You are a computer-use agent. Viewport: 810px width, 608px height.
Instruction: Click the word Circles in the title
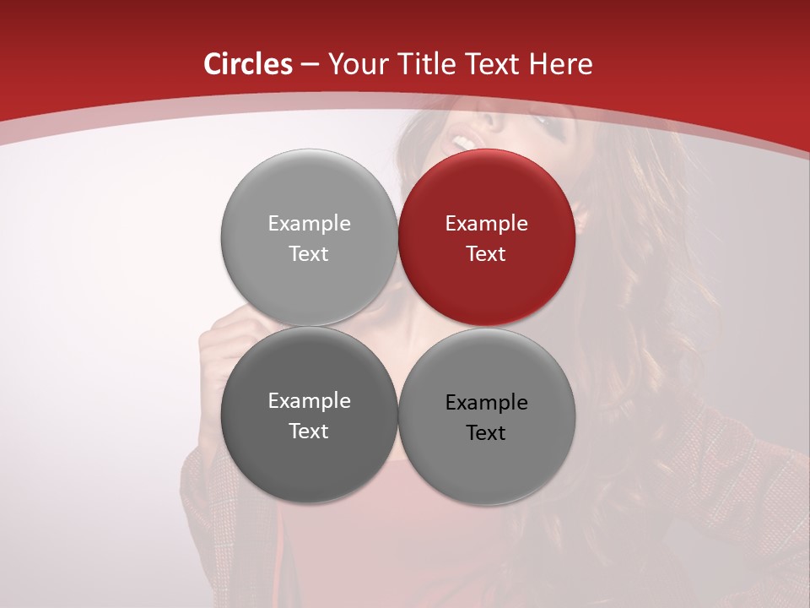click(248, 64)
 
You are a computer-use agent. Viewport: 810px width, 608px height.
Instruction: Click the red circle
click(487, 238)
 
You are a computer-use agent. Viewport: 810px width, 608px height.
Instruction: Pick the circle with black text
click(487, 416)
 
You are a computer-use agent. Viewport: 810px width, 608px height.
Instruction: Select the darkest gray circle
click(309, 415)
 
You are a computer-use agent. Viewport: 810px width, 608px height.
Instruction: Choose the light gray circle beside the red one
click(309, 238)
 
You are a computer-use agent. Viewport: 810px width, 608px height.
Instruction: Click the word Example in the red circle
click(487, 224)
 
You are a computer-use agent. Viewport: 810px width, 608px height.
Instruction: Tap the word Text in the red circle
click(487, 254)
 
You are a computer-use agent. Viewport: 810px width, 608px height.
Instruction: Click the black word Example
click(487, 403)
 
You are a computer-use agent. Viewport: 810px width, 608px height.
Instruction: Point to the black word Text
click(487, 433)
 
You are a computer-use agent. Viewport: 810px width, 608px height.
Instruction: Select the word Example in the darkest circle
click(309, 401)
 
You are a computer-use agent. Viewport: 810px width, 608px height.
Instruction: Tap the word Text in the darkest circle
click(309, 432)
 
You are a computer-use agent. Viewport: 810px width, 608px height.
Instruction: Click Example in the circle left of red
click(309, 224)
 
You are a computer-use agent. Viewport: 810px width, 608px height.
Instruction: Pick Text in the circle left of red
click(309, 254)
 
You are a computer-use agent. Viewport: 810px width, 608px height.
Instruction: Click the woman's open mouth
click(462, 141)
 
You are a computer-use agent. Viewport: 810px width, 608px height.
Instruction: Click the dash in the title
click(309, 64)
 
